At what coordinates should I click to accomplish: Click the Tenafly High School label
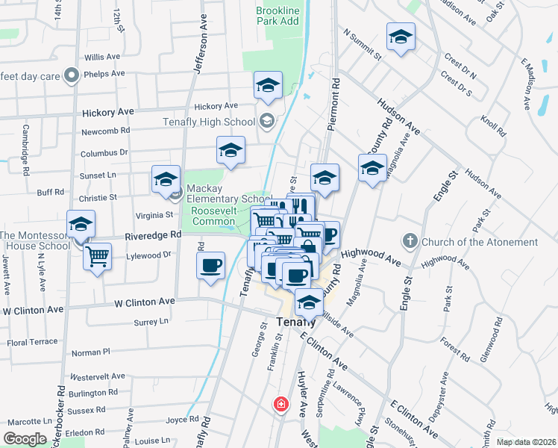(208, 122)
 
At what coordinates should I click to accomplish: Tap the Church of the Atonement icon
(410, 241)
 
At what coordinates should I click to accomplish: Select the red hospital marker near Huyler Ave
(281, 405)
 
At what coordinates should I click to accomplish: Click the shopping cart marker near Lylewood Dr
(97, 258)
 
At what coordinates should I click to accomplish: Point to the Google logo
(25, 439)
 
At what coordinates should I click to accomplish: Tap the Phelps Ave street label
(102, 74)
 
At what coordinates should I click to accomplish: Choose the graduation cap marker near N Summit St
(401, 38)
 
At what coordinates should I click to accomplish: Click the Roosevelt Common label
(219, 217)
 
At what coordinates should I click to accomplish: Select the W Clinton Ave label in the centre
(144, 302)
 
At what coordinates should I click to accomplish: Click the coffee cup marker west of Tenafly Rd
(211, 267)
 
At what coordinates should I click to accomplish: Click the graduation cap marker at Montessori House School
(81, 225)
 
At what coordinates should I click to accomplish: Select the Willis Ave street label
(102, 57)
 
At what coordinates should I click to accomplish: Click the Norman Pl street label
(90, 352)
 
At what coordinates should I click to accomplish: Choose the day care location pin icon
(72, 74)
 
